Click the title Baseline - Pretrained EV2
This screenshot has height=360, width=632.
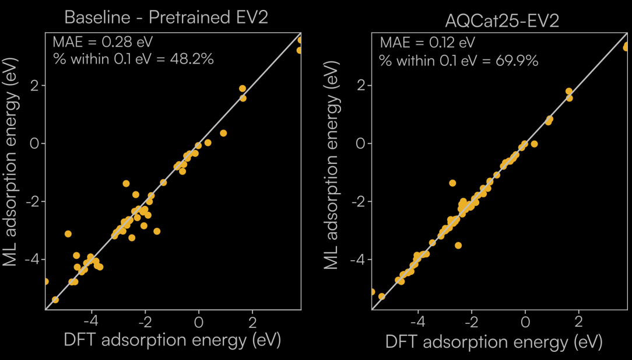point(166,17)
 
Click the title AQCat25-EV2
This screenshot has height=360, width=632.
point(501,21)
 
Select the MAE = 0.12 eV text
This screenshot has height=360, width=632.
point(427,43)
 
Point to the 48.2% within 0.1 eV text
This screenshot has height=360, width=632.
point(134,59)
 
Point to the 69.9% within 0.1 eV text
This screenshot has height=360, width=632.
point(458,60)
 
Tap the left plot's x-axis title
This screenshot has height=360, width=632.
point(172,340)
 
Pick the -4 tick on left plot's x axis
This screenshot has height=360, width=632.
point(90,321)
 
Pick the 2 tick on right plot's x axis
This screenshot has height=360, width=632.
point(578,322)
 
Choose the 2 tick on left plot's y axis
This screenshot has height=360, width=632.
point(33,86)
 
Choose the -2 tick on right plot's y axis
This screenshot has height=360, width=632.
point(357,201)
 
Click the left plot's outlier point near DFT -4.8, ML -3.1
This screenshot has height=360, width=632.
point(68,234)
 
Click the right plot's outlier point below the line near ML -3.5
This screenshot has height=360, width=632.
point(458,246)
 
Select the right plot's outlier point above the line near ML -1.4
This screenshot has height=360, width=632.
point(452,183)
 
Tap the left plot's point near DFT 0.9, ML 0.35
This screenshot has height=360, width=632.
point(223,134)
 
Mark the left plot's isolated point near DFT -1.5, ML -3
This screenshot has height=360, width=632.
point(157,232)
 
